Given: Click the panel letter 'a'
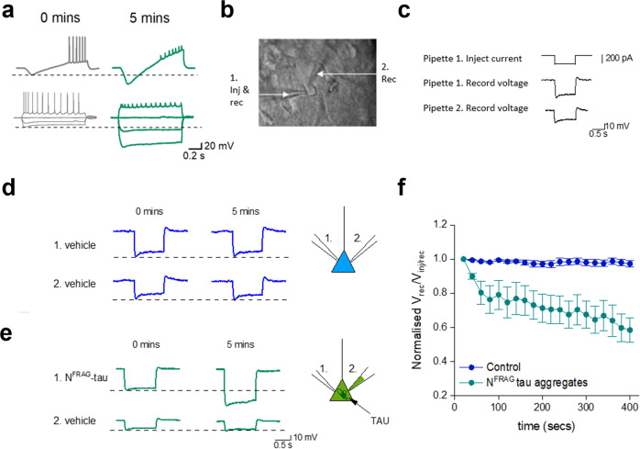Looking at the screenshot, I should click(x=8, y=11).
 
